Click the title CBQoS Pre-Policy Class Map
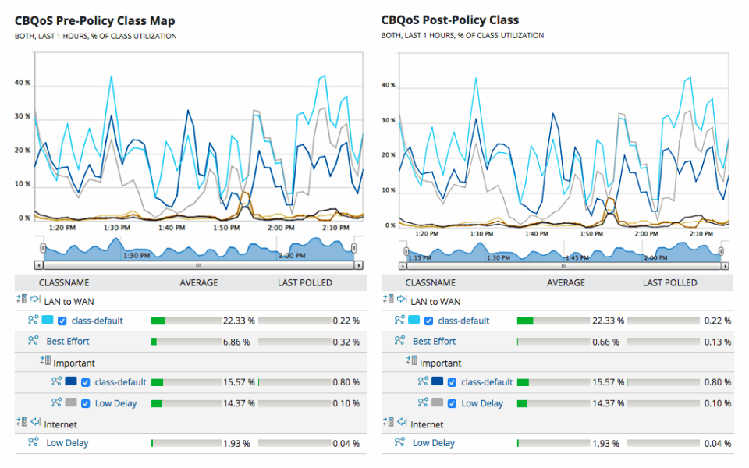coord(94,20)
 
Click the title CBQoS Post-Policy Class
coord(450,20)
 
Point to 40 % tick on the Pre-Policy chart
coord(23,82)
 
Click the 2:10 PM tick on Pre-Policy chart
coord(335,228)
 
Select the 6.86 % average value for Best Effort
coord(239,342)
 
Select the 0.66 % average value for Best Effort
coord(605,342)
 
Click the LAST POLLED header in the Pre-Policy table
coord(305,282)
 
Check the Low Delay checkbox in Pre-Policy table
coord(86,403)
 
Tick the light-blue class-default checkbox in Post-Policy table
coord(428,321)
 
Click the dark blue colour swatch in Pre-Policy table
coord(71,382)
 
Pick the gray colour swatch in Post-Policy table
coord(438,403)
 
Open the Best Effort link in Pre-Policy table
coord(67,342)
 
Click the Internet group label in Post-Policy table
coord(427,424)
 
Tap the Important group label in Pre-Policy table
coord(74,363)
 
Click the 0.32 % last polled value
coord(346,342)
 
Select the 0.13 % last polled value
coord(717,342)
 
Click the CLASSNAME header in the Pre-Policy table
coord(64,282)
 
